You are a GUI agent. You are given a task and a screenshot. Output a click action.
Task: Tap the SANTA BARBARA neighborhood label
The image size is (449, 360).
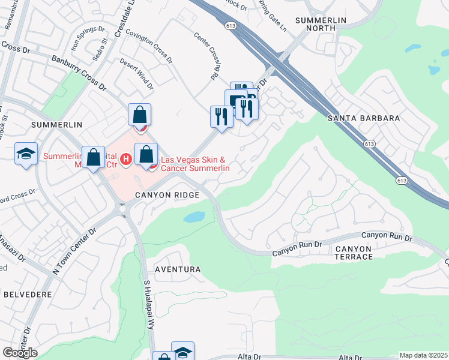tap(364, 118)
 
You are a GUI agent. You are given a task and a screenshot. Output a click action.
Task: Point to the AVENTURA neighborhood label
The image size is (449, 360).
tap(178, 269)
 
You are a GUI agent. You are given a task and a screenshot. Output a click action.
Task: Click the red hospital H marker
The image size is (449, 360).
tap(125, 160)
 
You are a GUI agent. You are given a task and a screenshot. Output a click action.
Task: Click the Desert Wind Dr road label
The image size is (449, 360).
tap(136, 73)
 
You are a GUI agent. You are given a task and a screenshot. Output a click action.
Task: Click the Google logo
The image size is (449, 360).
tap(20, 353)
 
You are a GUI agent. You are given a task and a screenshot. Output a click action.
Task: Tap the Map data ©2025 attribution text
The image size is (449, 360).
tap(423, 355)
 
